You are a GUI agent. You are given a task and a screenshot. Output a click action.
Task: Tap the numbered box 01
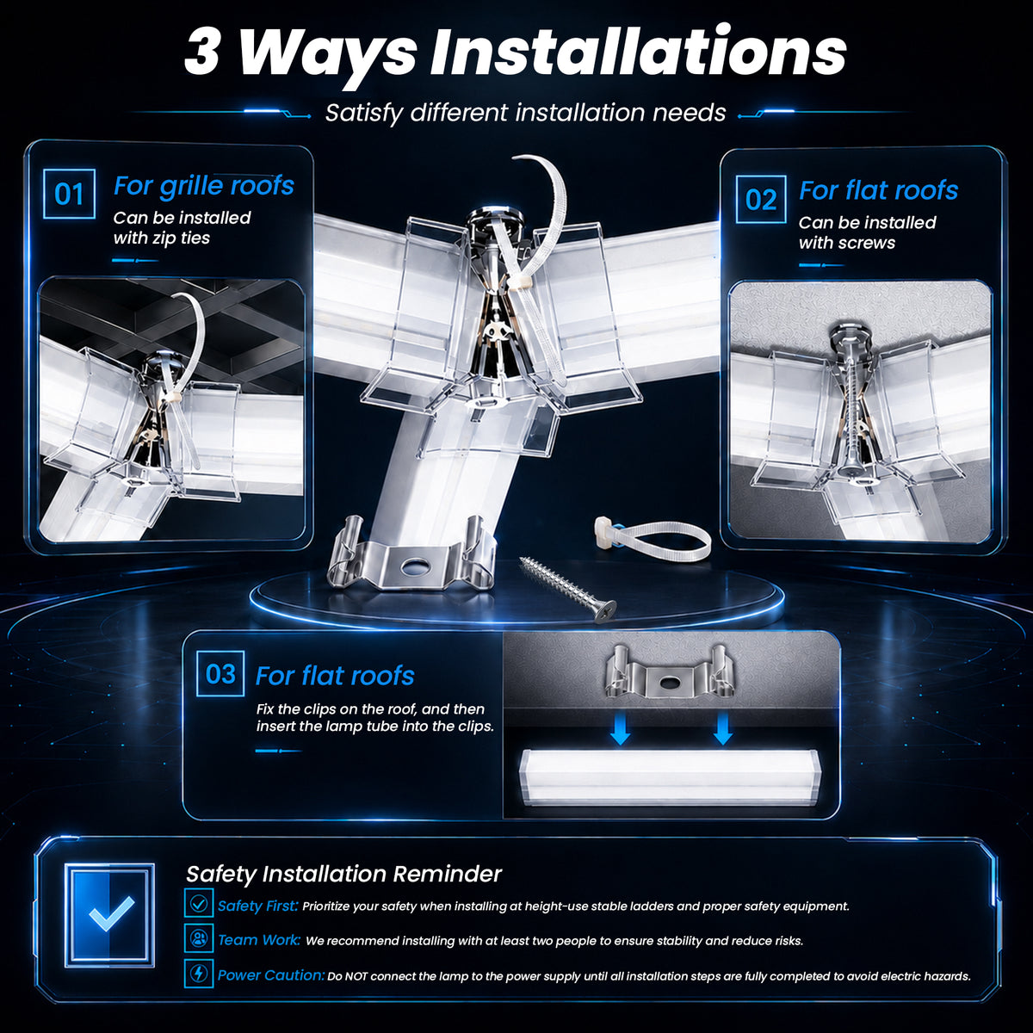point(69,194)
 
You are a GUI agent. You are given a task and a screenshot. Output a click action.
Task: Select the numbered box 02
point(761,199)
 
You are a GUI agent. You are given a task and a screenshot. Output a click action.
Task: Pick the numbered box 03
point(220,673)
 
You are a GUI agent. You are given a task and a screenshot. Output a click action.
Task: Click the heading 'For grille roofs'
point(204,186)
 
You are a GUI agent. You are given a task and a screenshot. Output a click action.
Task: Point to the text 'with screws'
point(847,243)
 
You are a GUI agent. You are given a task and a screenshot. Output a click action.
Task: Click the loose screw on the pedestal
point(567,590)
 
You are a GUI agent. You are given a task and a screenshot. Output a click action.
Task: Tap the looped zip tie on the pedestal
point(653,541)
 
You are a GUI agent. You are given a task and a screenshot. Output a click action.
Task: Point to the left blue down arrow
point(620,730)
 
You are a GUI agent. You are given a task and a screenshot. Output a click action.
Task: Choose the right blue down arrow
point(722,730)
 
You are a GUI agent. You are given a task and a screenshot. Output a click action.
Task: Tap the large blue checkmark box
point(109,915)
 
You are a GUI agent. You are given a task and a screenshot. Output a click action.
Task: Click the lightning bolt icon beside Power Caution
point(199,974)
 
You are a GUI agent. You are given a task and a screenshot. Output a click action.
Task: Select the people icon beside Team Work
point(199,938)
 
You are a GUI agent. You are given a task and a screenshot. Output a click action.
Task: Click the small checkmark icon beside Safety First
point(199,904)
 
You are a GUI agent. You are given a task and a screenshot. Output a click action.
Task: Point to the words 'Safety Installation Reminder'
point(343,875)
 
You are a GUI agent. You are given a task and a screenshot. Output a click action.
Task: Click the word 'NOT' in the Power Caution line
point(356,976)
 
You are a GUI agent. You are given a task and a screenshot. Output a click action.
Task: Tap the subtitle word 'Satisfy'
point(364,113)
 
